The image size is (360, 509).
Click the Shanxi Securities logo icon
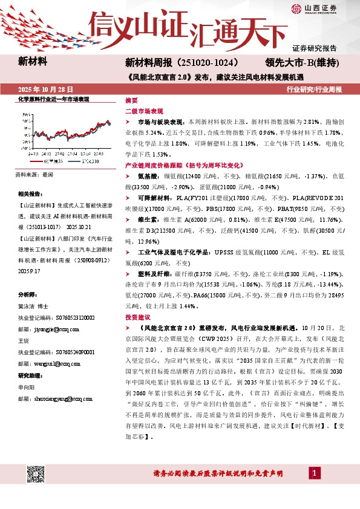295,8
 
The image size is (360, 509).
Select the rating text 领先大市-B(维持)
301,62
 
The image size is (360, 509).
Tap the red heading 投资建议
137,317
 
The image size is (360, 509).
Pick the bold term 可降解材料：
157,198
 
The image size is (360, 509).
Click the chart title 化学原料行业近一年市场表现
54,99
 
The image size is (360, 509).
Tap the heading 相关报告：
30,194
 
